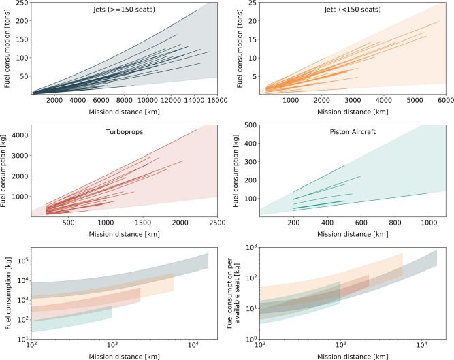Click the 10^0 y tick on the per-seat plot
(249, 338)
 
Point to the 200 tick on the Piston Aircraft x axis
(293, 223)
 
